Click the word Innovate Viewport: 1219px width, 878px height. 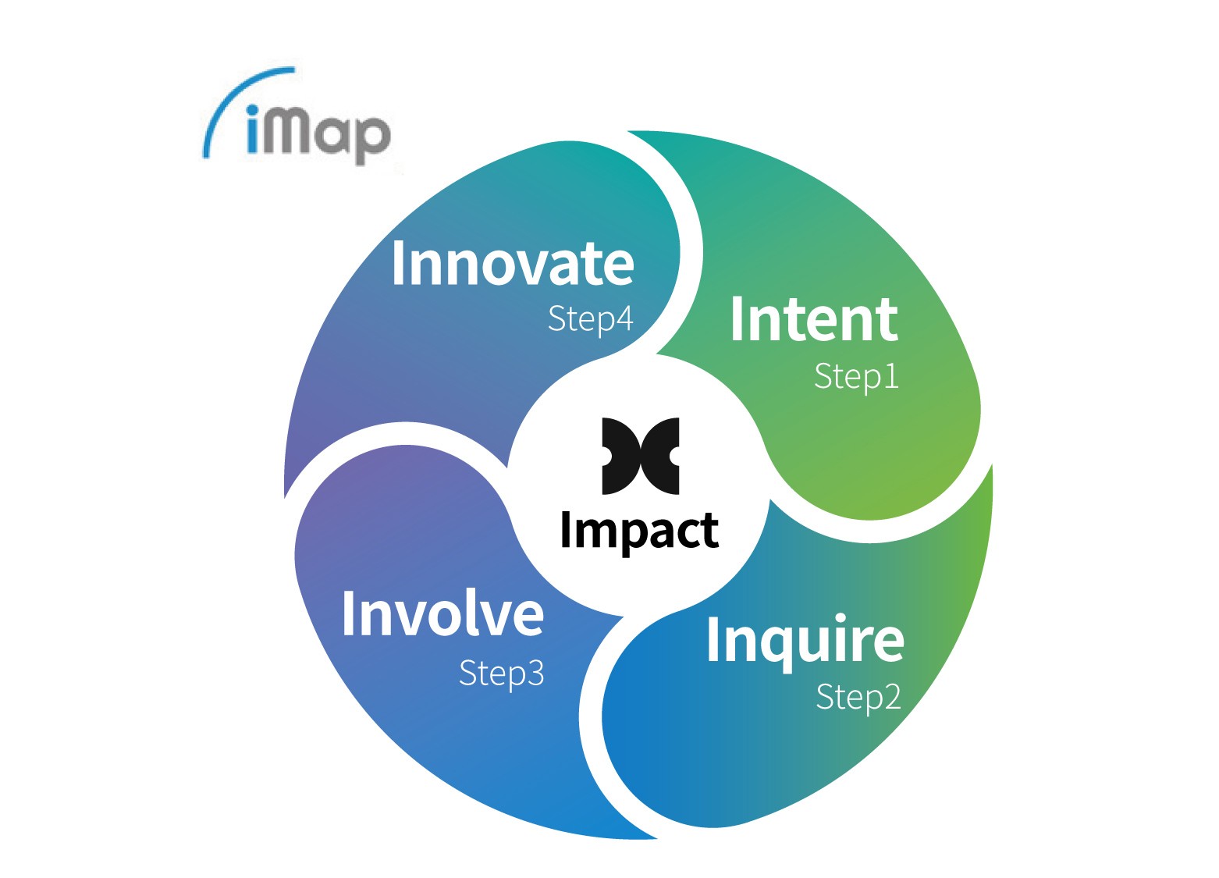pos(512,264)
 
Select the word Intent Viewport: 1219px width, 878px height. pos(814,320)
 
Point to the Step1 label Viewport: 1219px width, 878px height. pos(856,377)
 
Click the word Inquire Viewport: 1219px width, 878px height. pos(805,641)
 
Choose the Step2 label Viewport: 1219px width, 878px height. pos(858,697)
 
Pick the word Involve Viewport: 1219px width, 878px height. pos(442,614)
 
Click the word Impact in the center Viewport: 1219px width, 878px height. pos(639,531)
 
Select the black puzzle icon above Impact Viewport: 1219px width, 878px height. pos(640,457)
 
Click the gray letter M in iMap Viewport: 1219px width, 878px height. pos(293,131)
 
